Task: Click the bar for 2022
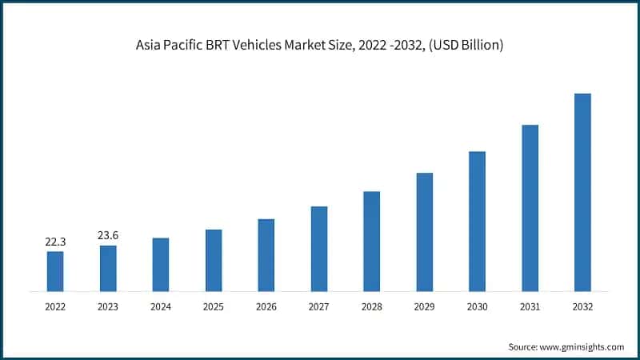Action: pos(55,271)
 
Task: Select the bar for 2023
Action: pos(108,268)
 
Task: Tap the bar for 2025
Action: pos(213,260)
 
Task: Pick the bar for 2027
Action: pos(318,249)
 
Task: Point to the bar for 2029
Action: pos(424,232)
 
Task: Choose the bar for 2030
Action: pos(477,221)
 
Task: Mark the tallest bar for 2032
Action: pos(582,192)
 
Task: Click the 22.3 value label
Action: pos(55,241)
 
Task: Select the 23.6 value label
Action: pos(108,235)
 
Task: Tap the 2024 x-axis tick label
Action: pos(161,306)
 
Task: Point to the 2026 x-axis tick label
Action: pos(266,306)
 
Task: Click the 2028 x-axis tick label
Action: pos(371,306)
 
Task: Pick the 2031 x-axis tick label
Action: pos(530,306)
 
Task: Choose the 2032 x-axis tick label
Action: pos(582,306)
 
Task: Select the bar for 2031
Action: pos(530,208)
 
